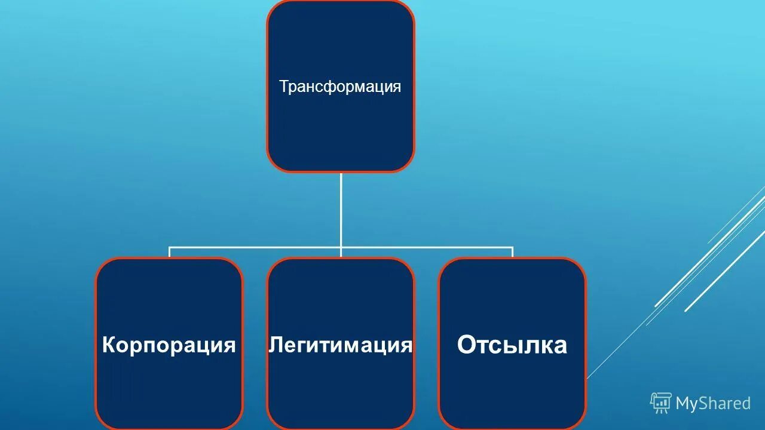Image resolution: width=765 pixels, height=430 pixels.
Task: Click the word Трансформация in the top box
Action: tap(340, 87)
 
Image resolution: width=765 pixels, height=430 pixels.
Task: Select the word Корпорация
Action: tap(169, 345)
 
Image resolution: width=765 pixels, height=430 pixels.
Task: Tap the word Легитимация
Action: tap(341, 345)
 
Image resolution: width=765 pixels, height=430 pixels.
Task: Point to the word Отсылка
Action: tap(512, 345)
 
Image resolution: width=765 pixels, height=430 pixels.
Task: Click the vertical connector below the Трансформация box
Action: tap(341, 209)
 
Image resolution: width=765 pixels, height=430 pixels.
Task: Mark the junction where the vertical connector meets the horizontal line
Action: tap(341, 247)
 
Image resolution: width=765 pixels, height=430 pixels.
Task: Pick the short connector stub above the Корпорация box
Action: tap(169, 252)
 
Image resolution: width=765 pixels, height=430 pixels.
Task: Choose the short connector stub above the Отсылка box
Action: tap(512, 252)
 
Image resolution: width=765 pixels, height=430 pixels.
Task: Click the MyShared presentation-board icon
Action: tap(660, 403)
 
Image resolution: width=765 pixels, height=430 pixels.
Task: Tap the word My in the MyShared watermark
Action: tap(686, 404)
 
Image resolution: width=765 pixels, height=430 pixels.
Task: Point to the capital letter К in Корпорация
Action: tap(109, 345)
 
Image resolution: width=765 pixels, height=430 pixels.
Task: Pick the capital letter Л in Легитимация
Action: tap(275, 345)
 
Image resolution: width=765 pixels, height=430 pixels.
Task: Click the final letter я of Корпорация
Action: tap(229, 346)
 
